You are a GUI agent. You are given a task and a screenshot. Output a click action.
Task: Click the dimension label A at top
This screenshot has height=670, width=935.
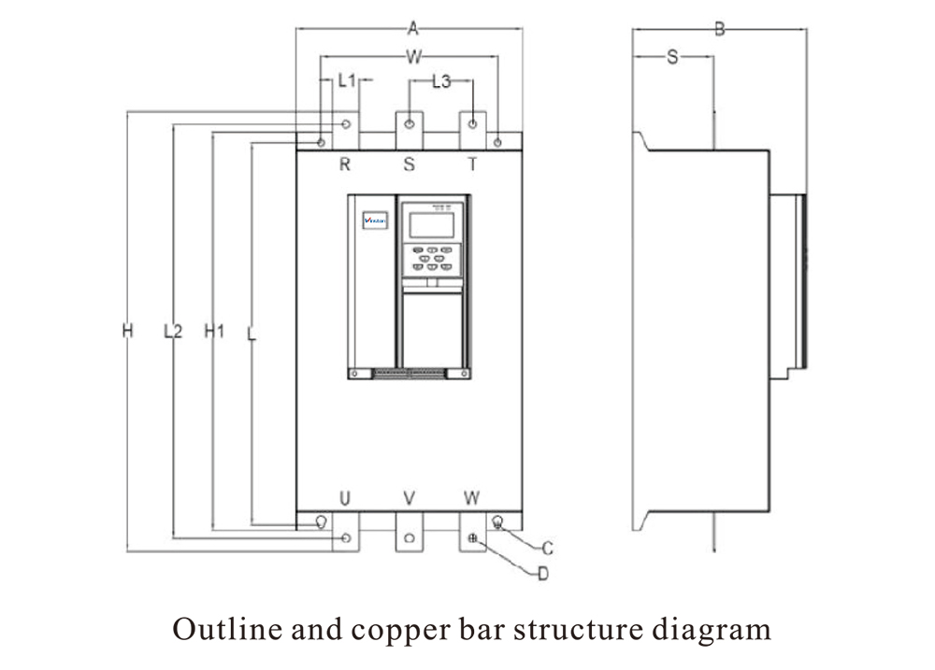[411, 29]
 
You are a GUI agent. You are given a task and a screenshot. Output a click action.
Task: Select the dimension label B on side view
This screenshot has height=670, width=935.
[719, 29]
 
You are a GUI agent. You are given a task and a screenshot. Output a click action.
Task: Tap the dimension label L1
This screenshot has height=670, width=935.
[347, 81]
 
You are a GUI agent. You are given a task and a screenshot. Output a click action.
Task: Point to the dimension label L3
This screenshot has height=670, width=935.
[441, 81]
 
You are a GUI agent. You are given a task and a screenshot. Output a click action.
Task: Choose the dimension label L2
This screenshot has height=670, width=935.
[172, 331]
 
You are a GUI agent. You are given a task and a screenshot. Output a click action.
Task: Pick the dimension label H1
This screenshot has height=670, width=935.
[214, 331]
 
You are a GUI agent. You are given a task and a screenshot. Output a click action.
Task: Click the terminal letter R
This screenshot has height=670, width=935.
[344, 165]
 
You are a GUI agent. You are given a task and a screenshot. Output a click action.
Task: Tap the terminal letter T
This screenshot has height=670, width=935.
[473, 165]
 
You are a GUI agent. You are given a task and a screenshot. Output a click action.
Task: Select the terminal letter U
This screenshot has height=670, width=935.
[344, 497]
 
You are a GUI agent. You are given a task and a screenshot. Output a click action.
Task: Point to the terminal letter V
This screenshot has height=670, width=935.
[409, 497]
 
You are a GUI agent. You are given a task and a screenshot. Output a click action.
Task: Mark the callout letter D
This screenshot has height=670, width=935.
[542, 574]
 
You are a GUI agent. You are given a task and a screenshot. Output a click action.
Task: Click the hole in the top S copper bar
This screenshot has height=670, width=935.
[410, 123]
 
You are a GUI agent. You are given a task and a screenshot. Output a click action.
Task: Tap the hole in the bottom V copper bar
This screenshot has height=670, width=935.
[410, 538]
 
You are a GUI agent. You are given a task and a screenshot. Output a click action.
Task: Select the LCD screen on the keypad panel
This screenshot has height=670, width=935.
[432, 224]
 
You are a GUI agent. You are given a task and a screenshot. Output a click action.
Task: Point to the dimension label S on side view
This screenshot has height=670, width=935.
[672, 57]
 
